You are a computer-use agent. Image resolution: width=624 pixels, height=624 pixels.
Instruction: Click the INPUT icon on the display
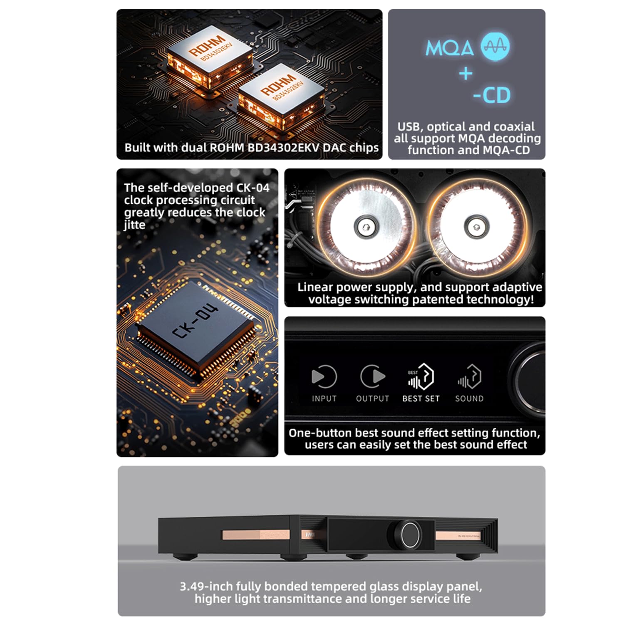point(324,377)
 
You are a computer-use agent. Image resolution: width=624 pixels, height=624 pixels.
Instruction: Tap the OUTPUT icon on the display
point(372,377)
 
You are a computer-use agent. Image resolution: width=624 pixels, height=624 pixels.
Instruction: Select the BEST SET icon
point(421,376)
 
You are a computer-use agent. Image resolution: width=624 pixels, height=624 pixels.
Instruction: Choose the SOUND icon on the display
point(469,376)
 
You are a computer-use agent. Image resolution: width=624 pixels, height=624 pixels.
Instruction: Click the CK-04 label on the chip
point(195,321)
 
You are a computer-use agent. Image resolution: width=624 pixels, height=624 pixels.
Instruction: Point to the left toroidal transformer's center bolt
point(365,227)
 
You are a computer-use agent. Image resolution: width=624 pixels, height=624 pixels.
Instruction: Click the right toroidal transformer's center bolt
point(475,227)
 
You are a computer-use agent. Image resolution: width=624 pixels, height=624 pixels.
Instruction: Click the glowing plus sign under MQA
point(466,74)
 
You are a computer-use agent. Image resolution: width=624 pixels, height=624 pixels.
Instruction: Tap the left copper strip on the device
point(255,535)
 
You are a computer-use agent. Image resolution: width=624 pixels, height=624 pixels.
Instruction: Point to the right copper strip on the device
point(458,536)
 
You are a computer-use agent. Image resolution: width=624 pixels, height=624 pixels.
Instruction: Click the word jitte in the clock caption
point(134,225)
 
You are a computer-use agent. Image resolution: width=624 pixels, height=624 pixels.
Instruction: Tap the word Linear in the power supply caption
point(314,287)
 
